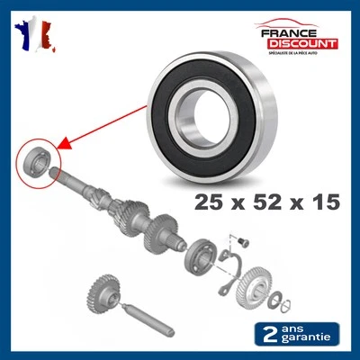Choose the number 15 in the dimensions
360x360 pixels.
point(321,202)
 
